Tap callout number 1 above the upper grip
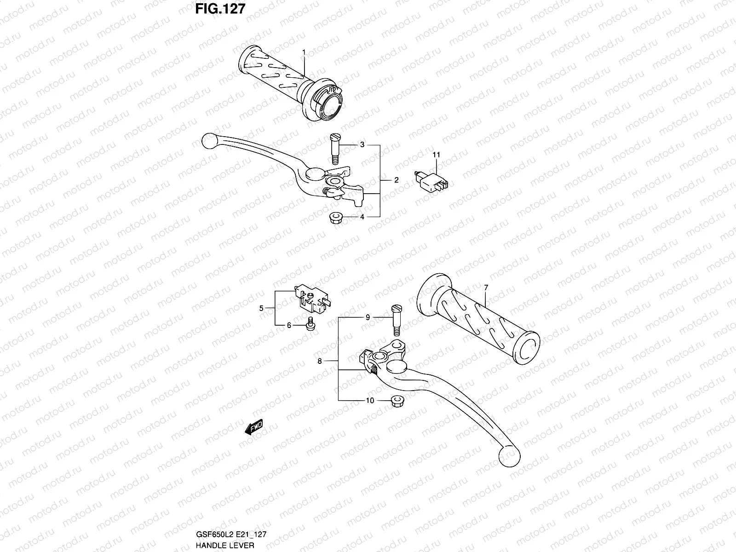click(x=304, y=52)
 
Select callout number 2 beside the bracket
click(x=396, y=180)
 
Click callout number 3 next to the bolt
click(x=362, y=145)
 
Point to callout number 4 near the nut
click(x=362, y=217)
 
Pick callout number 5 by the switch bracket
click(x=261, y=308)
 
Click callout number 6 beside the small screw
click(x=289, y=325)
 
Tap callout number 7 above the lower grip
click(x=486, y=287)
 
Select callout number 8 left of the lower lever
click(x=320, y=362)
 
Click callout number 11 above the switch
click(x=436, y=155)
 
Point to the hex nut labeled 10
click(x=396, y=401)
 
